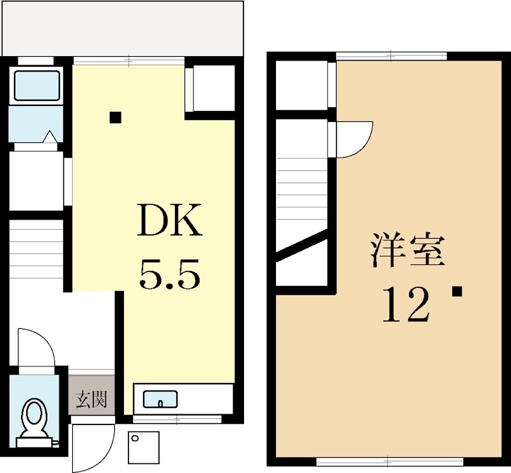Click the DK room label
tap(169, 220)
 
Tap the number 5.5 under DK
tap(169, 274)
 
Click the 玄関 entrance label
tap(91, 399)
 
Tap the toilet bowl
tap(34, 419)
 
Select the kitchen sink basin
tap(160, 399)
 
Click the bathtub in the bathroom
tap(36, 86)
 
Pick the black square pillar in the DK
tap(116, 117)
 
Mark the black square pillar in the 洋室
tap(457, 291)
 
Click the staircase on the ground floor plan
tap(36, 249)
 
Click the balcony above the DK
tap(123, 29)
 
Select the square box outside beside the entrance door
tap(144, 447)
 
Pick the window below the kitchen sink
tap(177, 419)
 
